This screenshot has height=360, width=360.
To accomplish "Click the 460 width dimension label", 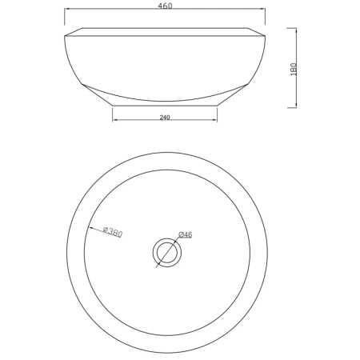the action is (x=165, y=6).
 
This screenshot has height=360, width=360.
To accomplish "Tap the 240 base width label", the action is (x=165, y=117).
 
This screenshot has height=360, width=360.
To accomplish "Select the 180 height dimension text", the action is (x=294, y=70).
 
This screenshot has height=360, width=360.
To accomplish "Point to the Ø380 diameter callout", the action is (x=113, y=232).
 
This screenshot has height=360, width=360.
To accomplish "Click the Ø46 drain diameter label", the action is (x=186, y=234).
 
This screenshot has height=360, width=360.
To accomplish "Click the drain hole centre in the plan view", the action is (x=167, y=252).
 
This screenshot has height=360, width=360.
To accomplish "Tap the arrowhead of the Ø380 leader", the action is (x=90, y=228).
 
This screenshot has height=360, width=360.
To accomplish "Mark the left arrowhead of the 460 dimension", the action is (x=66, y=9).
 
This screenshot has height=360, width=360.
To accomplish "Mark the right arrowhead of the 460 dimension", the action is (x=263, y=9).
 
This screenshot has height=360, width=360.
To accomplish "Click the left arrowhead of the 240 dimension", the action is (x=114, y=120).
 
